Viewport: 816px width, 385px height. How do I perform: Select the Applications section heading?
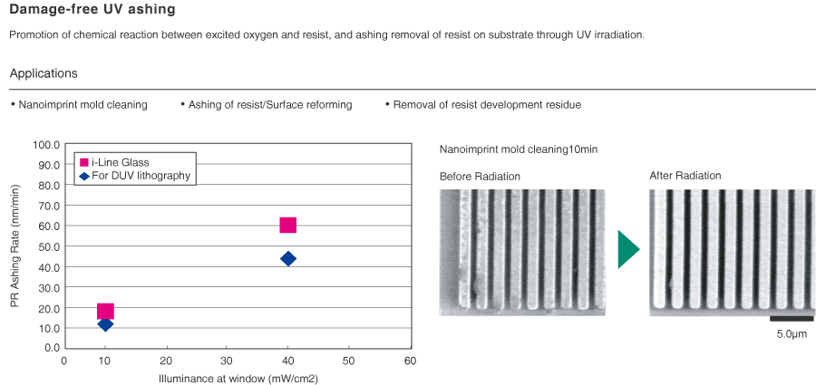(44, 73)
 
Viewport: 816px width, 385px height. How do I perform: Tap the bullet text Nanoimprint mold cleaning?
(83, 105)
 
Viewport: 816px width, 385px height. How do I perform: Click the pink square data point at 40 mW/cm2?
(288, 226)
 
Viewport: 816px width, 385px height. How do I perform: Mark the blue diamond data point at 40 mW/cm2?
(288, 259)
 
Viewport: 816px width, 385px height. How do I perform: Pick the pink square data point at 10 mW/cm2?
(105, 312)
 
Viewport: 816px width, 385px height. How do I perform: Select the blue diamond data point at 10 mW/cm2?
(105, 324)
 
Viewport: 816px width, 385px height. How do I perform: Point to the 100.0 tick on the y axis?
(45, 145)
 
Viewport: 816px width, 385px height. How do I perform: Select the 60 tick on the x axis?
(410, 361)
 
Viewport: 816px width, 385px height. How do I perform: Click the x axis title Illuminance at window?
(238, 378)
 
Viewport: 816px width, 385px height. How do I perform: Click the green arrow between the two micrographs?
(628, 249)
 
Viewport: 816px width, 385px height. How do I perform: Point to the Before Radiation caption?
(480, 176)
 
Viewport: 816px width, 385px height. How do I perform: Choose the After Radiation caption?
(685, 176)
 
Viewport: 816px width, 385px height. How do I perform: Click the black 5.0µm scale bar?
(792, 318)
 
